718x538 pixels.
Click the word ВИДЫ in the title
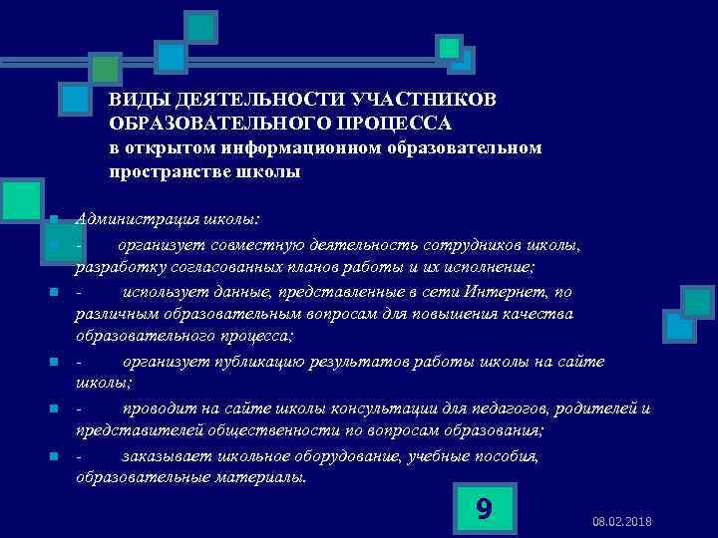132,101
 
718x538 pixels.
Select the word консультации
374,408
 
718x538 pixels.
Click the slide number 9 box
483,508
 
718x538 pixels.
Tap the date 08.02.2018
622,523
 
